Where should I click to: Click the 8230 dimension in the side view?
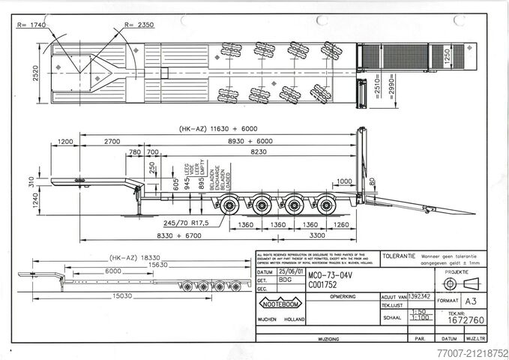pyautogui.click(x=259, y=151)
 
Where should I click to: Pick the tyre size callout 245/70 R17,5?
pyautogui.click(x=187, y=223)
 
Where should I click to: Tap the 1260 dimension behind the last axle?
pyautogui.click(x=342, y=223)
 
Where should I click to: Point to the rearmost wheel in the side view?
pyautogui.click(x=327, y=203)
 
